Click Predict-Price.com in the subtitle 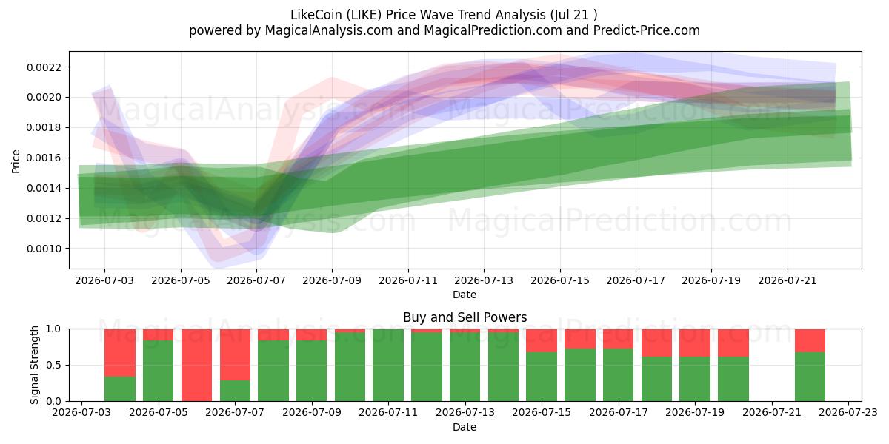[x=647, y=30]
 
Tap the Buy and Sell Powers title [x=465, y=317]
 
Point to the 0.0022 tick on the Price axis [x=44, y=67]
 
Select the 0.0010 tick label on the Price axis [x=44, y=249]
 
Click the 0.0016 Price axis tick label [x=44, y=158]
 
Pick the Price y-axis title [x=16, y=161]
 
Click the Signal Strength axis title [x=35, y=365]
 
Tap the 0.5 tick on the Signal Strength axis [x=54, y=365]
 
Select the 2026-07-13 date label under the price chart [x=484, y=280]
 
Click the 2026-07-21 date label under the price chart [x=788, y=280]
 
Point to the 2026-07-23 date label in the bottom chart [x=848, y=413]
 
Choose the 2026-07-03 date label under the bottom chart [x=81, y=413]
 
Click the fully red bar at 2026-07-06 [x=196, y=365]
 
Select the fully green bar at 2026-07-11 [x=388, y=365]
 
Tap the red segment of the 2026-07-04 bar [x=120, y=353]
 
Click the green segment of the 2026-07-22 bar [x=810, y=377]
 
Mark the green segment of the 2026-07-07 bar [x=235, y=391]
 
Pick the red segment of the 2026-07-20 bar [x=733, y=343]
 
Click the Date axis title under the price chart [x=465, y=295]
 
